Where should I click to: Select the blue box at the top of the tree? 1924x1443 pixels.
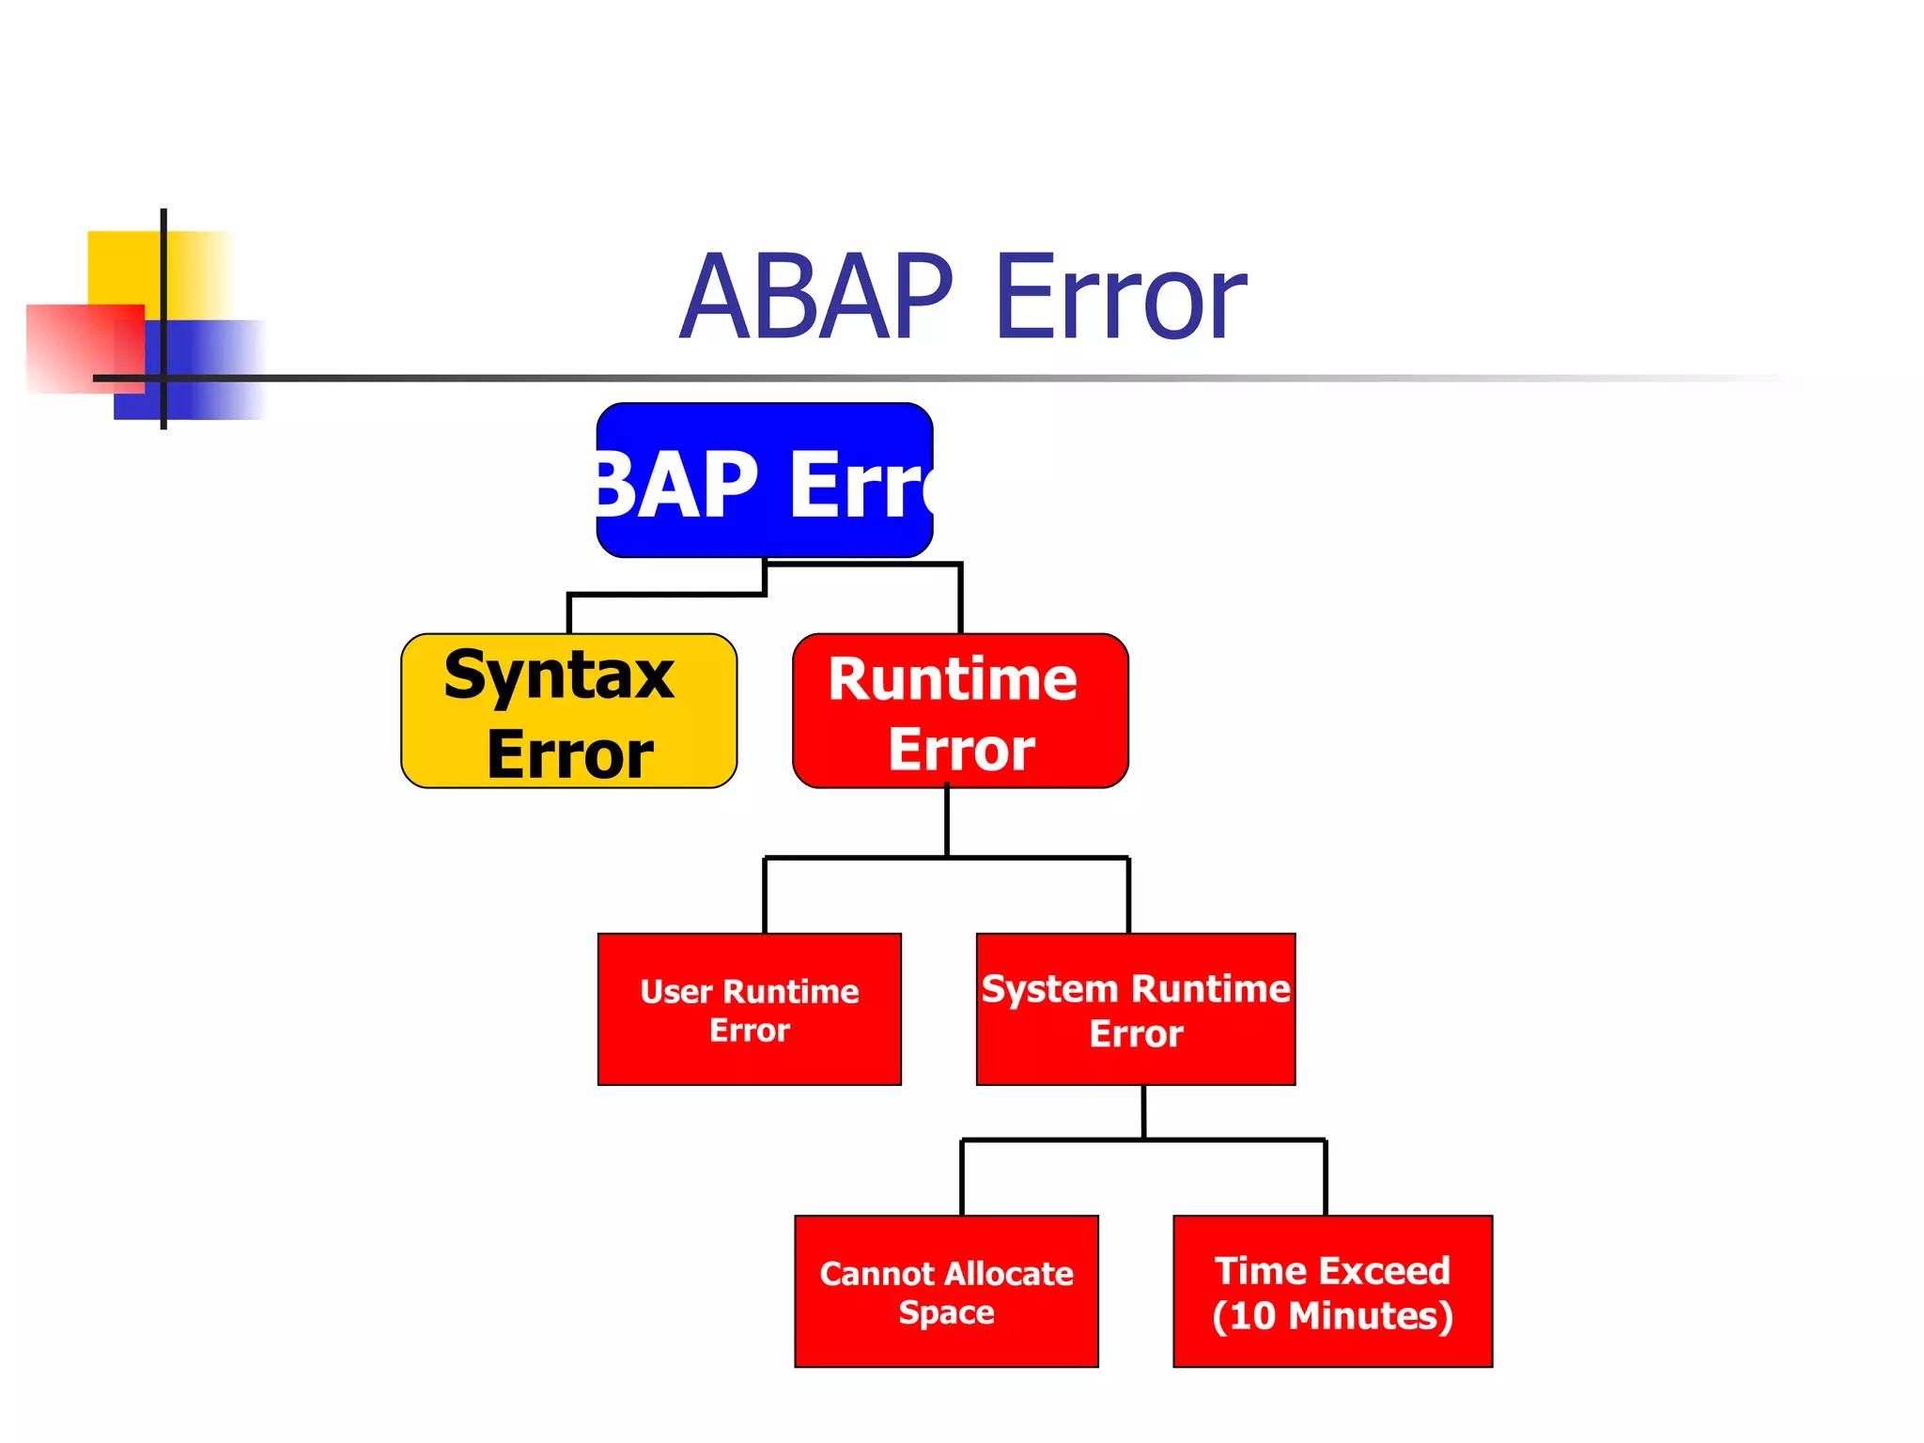coord(764,481)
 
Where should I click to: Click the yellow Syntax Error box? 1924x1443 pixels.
coord(568,711)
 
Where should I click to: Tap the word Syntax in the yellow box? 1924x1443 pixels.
coord(559,675)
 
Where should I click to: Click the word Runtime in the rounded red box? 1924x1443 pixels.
coord(952,679)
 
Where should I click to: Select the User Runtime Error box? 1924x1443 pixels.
coord(749,1010)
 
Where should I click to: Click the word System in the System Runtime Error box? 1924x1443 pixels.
coord(1049,989)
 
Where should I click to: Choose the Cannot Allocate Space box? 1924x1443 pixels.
coord(946,1292)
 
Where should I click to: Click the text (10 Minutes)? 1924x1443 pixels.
coord(1332,1316)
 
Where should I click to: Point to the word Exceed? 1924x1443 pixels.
coord(1392,1271)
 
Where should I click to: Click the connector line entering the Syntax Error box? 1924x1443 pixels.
coord(569,614)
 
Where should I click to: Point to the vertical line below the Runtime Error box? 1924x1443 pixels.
coord(947,822)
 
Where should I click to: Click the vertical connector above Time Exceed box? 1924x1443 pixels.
coord(1326,1177)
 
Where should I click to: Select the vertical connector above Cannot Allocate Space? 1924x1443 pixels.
coord(962,1177)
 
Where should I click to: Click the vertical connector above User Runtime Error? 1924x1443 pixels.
coord(765,895)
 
